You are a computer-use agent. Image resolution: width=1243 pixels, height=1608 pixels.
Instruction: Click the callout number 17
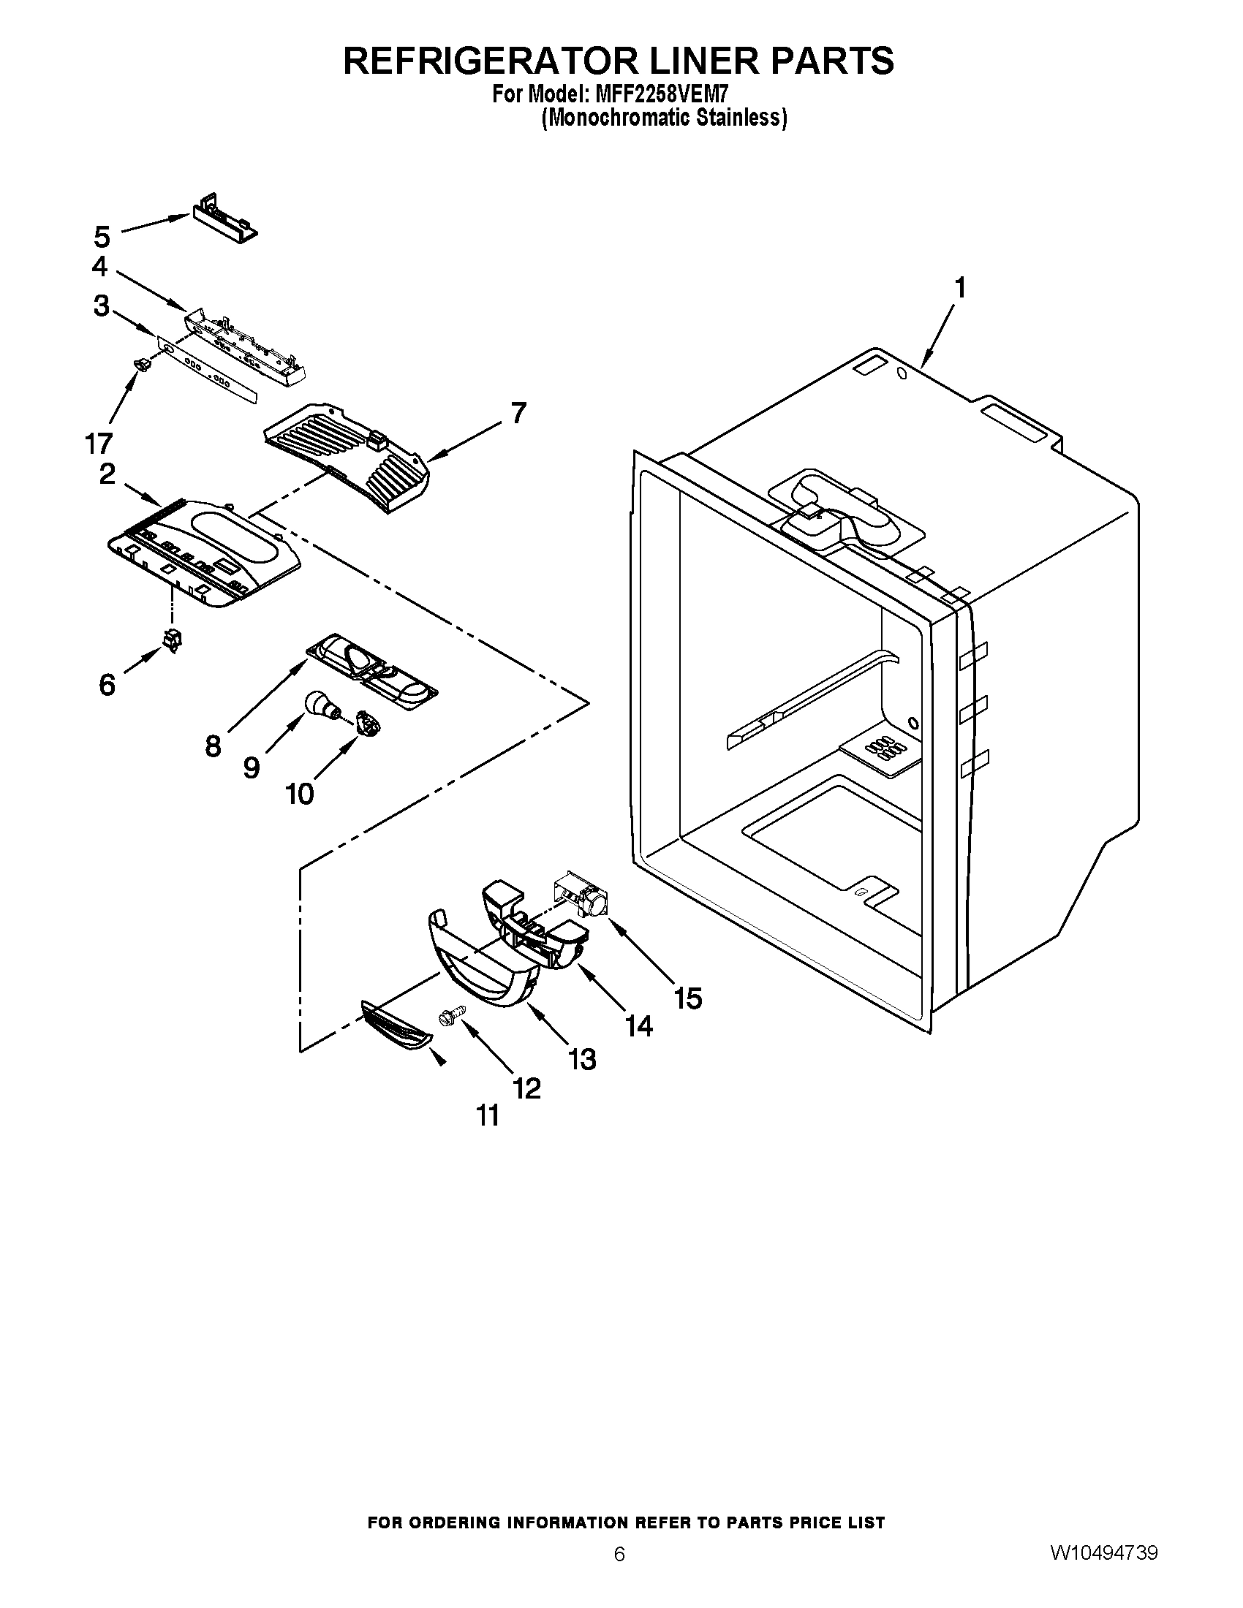click(99, 443)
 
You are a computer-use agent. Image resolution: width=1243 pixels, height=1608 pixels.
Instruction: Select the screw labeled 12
click(448, 1017)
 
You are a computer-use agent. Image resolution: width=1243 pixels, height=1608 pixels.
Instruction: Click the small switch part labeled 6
click(173, 640)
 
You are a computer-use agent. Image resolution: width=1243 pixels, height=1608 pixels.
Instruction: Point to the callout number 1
click(959, 288)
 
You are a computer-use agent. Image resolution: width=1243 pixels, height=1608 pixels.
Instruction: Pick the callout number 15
click(687, 998)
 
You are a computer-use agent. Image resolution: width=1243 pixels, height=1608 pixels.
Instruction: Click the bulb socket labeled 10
click(366, 722)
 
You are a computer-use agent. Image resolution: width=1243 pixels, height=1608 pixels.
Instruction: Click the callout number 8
click(213, 746)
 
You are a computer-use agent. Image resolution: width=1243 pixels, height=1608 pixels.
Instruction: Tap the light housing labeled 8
click(372, 667)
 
